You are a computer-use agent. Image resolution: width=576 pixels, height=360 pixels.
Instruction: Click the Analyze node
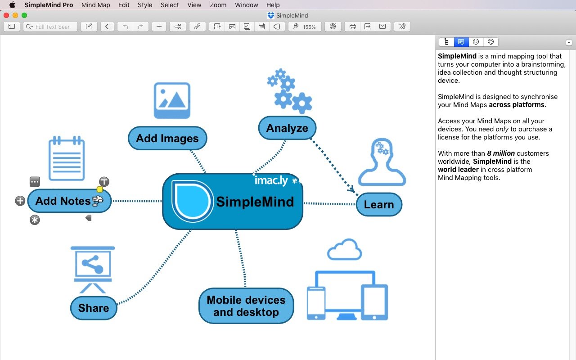click(287, 128)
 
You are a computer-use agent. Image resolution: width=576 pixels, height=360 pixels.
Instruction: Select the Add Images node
click(167, 138)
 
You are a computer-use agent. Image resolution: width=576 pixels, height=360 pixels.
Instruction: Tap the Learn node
click(379, 204)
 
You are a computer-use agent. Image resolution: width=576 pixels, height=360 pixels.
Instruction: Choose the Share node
click(94, 308)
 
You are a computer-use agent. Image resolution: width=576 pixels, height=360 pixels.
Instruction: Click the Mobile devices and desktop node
click(246, 306)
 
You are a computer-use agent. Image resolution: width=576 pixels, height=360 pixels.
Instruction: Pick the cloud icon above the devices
click(345, 249)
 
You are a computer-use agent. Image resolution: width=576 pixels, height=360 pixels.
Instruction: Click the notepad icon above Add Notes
click(67, 158)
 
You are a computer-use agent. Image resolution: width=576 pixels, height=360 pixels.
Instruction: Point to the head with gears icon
click(382, 162)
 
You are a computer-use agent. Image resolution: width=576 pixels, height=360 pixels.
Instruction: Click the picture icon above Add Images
click(172, 100)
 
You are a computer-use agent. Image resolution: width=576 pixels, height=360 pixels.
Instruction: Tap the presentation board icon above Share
click(93, 270)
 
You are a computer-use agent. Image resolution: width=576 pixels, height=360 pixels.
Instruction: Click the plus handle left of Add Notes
click(20, 201)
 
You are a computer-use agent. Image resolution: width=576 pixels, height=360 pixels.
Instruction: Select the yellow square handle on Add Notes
click(100, 189)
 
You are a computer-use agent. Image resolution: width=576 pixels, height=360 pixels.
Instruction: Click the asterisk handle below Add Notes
click(35, 220)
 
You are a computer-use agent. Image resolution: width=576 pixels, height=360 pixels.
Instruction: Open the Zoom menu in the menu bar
click(218, 5)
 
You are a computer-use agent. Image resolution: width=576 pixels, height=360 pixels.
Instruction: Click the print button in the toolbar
click(352, 27)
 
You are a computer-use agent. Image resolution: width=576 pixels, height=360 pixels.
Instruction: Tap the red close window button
click(6, 15)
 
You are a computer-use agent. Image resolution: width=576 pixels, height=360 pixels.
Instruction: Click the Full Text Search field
click(50, 27)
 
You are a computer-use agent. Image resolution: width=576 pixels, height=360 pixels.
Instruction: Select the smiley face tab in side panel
click(476, 42)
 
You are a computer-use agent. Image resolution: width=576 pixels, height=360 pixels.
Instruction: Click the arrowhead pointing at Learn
click(351, 189)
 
